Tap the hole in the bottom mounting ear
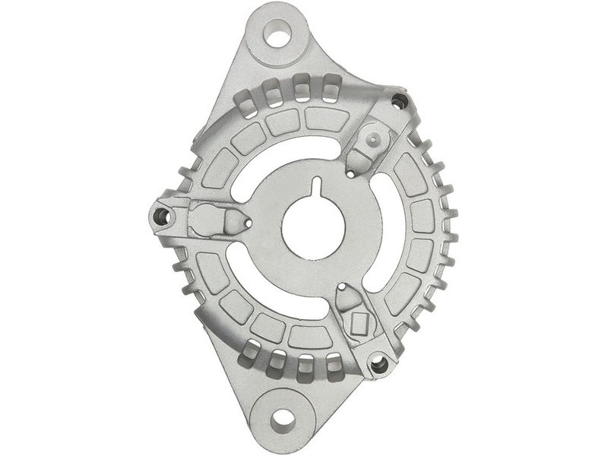click(x=283, y=417)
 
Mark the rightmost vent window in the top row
click(x=331, y=90)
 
